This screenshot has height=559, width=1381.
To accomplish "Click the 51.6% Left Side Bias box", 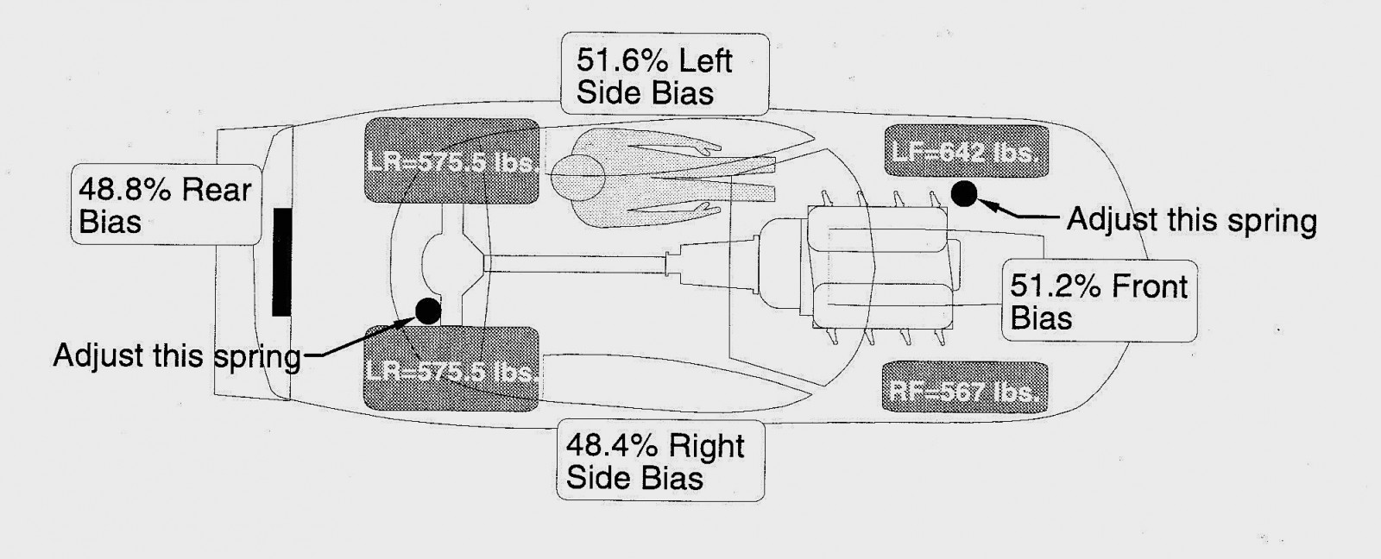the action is coord(665,74).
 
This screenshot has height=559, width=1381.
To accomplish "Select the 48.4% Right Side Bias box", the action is coord(660,461).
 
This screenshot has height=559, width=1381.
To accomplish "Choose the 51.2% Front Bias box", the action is coord(1100,301).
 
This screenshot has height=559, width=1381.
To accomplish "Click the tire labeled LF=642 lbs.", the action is coord(966,151).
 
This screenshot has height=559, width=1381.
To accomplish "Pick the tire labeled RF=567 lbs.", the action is coord(965,387).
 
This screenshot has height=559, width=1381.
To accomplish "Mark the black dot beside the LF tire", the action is coord(964,193).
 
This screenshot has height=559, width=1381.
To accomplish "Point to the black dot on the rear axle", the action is coord(428,311).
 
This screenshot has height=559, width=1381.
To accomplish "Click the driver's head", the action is coord(577,178).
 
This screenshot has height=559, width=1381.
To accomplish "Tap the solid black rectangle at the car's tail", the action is coord(281,262).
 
